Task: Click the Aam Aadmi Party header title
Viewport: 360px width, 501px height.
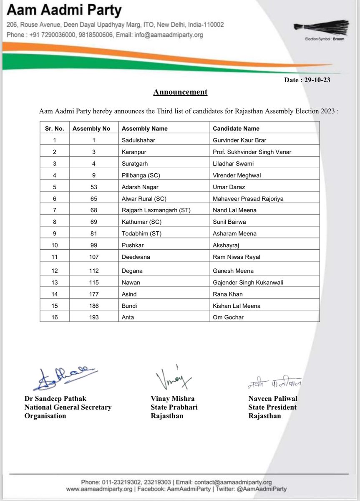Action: [64, 10]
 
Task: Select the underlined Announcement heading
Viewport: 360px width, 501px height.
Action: [180, 92]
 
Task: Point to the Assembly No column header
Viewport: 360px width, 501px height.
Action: [91, 129]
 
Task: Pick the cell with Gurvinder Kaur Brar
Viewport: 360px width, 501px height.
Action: [239, 141]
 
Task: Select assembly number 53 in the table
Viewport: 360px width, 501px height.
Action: [94, 187]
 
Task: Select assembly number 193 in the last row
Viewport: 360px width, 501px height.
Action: [94, 317]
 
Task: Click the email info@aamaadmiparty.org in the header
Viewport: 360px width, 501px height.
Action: [168, 35]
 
